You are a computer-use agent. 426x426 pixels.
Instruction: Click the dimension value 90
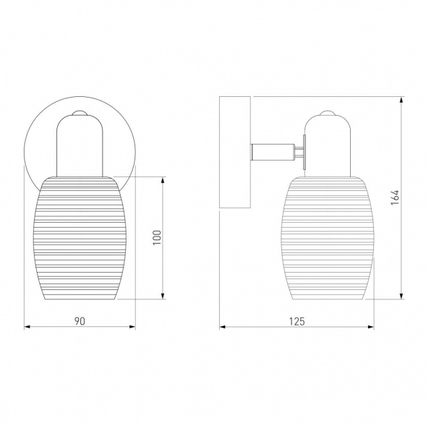[80, 321]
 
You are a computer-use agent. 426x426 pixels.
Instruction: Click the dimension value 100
[157, 237]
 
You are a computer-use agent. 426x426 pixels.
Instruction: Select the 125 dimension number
[297, 321]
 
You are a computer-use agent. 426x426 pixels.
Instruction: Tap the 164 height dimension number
[395, 197]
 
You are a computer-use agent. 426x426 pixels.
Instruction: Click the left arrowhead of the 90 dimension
[27, 327]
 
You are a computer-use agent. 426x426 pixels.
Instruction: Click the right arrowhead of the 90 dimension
[132, 327]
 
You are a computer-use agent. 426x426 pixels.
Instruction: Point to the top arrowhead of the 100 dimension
[163, 180]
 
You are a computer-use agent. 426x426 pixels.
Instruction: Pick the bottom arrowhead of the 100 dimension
[163, 296]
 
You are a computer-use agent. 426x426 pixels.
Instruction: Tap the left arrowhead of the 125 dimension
[223, 327]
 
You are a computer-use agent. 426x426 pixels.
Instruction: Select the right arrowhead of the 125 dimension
[371, 327]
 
